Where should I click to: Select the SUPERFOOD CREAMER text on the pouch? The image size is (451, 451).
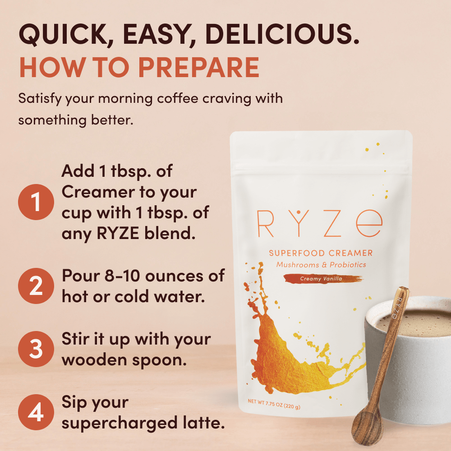[321, 253]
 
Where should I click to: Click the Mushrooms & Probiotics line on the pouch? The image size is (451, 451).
[321, 265]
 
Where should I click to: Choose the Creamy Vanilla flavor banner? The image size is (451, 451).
[321, 279]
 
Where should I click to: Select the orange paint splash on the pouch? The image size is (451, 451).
[289, 352]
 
